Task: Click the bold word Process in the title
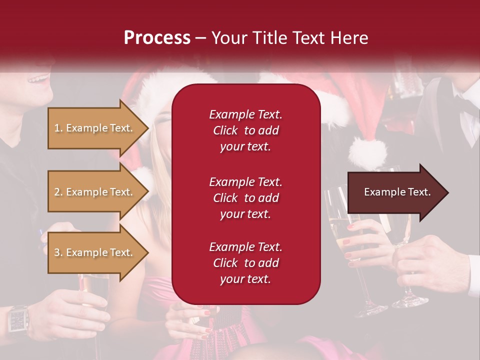[x=157, y=37]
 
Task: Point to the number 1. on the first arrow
[x=58, y=128]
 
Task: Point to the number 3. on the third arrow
[x=58, y=252]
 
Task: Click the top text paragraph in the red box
[x=245, y=130]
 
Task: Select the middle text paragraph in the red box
[x=245, y=198]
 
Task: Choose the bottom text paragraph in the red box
[x=245, y=263]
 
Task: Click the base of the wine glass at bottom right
[x=410, y=301]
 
